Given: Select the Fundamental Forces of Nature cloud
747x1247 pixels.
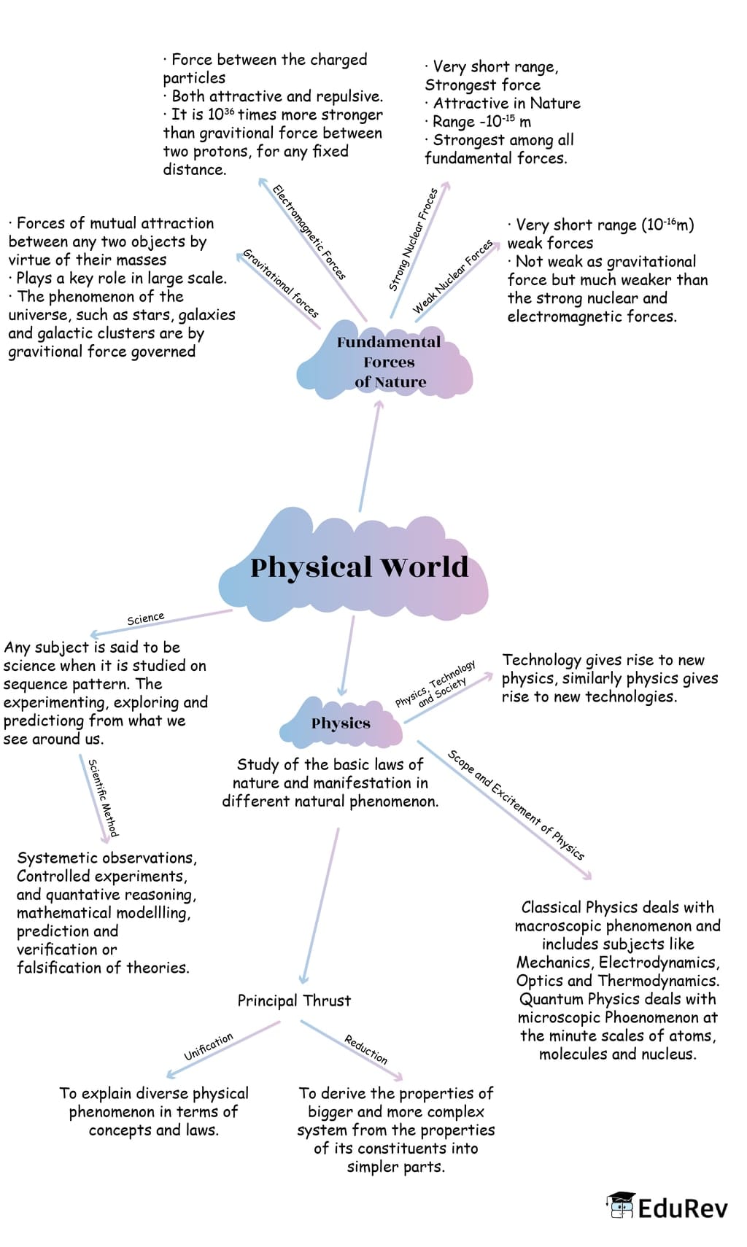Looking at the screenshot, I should tap(389, 362).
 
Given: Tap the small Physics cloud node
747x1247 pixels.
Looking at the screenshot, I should tap(341, 723).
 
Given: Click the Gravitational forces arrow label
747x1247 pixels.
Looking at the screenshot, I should tap(281, 283).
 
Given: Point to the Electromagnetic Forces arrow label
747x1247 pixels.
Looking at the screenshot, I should tap(309, 232).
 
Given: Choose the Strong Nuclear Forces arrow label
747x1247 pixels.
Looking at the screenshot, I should tap(413, 239).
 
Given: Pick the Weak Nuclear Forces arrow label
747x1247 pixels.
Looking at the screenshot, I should tap(452, 276).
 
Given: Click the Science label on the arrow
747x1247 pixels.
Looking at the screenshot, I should tap(145, 618).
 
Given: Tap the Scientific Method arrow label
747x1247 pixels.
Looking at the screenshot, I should tap(103, 797).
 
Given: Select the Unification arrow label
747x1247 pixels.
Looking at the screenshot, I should tap(209, 1046).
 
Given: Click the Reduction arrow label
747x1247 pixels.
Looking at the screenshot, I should tap(365, 1049).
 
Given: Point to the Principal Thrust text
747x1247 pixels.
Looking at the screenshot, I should tap(294, 1001).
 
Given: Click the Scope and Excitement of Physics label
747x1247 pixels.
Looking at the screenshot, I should tap(516, 804).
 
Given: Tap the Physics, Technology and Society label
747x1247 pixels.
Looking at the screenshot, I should tap(436, 684).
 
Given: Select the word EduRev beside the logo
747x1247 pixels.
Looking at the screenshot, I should tap(682, 1208).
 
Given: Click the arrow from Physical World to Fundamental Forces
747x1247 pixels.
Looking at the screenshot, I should tap(369, 456).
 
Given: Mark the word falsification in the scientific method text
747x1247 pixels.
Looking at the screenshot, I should tap(61, 968).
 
